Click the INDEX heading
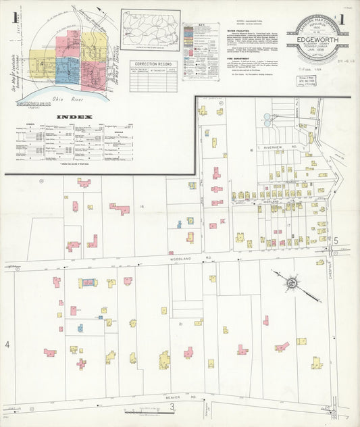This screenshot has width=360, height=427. coord(74,116)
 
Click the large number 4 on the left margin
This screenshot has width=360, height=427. coord(7,345)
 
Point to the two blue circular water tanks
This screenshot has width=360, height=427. coord(267,120)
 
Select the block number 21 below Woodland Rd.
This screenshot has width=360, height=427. coord(180,324)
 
